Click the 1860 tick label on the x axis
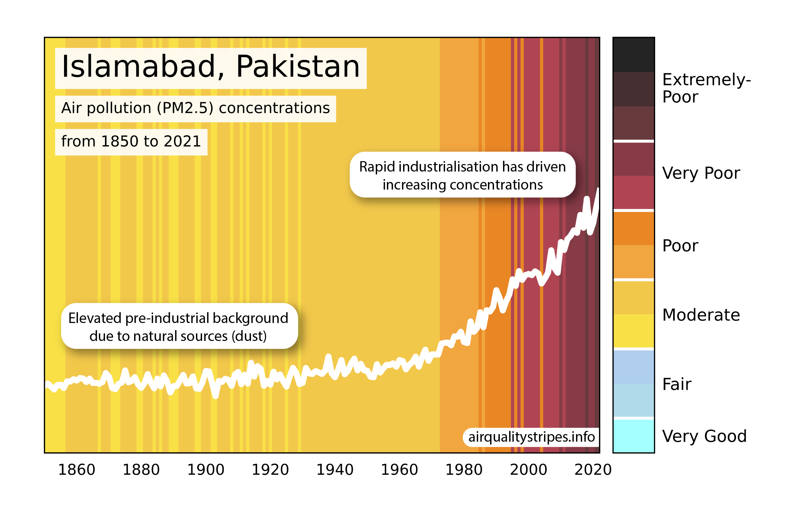[77, 470]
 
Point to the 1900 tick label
[206, 470]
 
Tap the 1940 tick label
[335, 470]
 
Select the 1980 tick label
[464, 470]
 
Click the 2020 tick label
[593, 470]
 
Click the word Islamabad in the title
[138, 67]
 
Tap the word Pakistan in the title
[298, 67]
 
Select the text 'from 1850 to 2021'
[131, 142]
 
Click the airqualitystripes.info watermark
[531, 437]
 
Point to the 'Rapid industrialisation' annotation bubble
[462, 175]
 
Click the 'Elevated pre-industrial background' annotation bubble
[179, 327]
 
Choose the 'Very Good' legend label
[704, 436]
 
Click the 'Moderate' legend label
[701, 315]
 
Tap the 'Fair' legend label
[677, 384]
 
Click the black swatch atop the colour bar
[634, 55]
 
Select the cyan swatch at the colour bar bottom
[634, 436]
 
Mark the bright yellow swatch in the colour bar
[634, 331]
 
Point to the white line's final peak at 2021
[598, 189]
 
